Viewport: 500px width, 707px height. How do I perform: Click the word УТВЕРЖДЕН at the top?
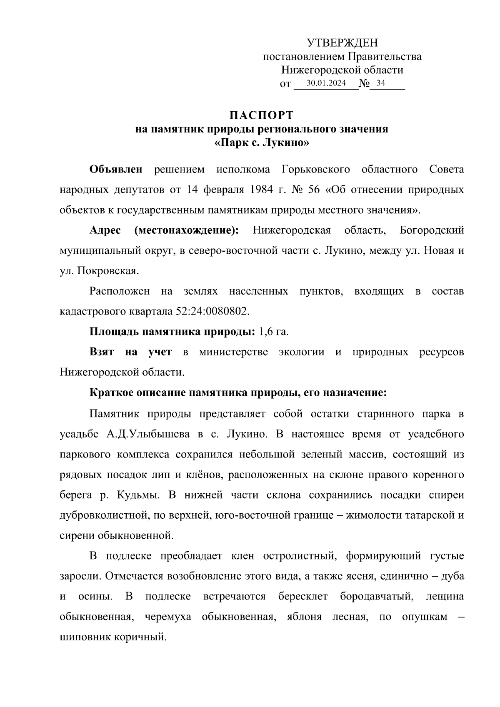click(342, 42)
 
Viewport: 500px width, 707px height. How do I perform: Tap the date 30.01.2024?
click(326, 83)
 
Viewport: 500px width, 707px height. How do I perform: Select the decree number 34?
click(380, 83)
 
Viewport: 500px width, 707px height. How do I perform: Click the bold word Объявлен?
click(116, 170)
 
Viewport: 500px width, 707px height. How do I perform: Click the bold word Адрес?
click(105, 230)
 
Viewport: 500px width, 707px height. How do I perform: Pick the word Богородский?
click(431, 230)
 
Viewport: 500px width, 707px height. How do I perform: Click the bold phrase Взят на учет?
click(130, 352)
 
